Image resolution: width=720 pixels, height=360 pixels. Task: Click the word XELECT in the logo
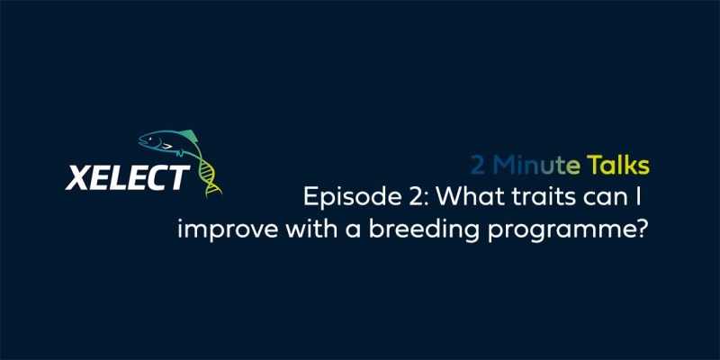tap(127, 177)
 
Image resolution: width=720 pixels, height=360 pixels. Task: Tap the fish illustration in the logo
tap(169, 143)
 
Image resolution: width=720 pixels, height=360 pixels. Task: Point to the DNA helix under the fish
tap(208, 175)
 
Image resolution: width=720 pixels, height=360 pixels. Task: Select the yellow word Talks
tap(617, 166)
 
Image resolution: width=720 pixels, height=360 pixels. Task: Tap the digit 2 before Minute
tap(478, 166)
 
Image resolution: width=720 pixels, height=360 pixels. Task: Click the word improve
tap(228, 230)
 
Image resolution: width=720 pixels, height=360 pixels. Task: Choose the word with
tap(310, 229)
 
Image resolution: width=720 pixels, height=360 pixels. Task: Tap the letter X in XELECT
tap(77, 177)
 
